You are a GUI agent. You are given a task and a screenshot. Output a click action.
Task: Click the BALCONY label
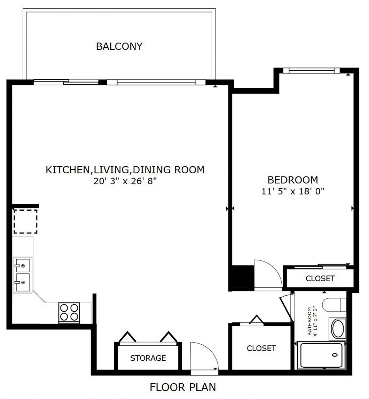coord(119,46)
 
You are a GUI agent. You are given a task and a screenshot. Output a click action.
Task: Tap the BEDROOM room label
coord(293,180)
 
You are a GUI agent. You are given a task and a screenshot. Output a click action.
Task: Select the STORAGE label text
coord(148,358)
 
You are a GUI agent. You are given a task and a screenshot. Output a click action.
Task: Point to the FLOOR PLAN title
coord(183,387)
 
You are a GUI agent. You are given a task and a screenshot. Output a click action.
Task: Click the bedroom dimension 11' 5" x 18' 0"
coord(293,191)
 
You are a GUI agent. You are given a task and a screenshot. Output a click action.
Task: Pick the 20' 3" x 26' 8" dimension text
coord(125,181)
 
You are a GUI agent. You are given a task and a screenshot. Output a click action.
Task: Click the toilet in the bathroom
coord(334,305)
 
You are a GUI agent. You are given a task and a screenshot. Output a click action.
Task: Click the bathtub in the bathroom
coord(321,355)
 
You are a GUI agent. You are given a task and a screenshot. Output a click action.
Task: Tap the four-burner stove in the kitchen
coord(69,313)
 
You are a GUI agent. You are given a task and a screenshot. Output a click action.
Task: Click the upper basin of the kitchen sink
coord(23,265)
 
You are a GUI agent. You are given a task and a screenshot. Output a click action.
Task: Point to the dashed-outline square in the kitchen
coord(26,221)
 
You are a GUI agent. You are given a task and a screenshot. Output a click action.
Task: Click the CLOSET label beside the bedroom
coord(320,278)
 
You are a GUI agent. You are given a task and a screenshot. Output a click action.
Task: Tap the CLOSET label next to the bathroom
coord(261,348)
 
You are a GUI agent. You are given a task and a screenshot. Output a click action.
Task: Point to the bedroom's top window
coord(311,71)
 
